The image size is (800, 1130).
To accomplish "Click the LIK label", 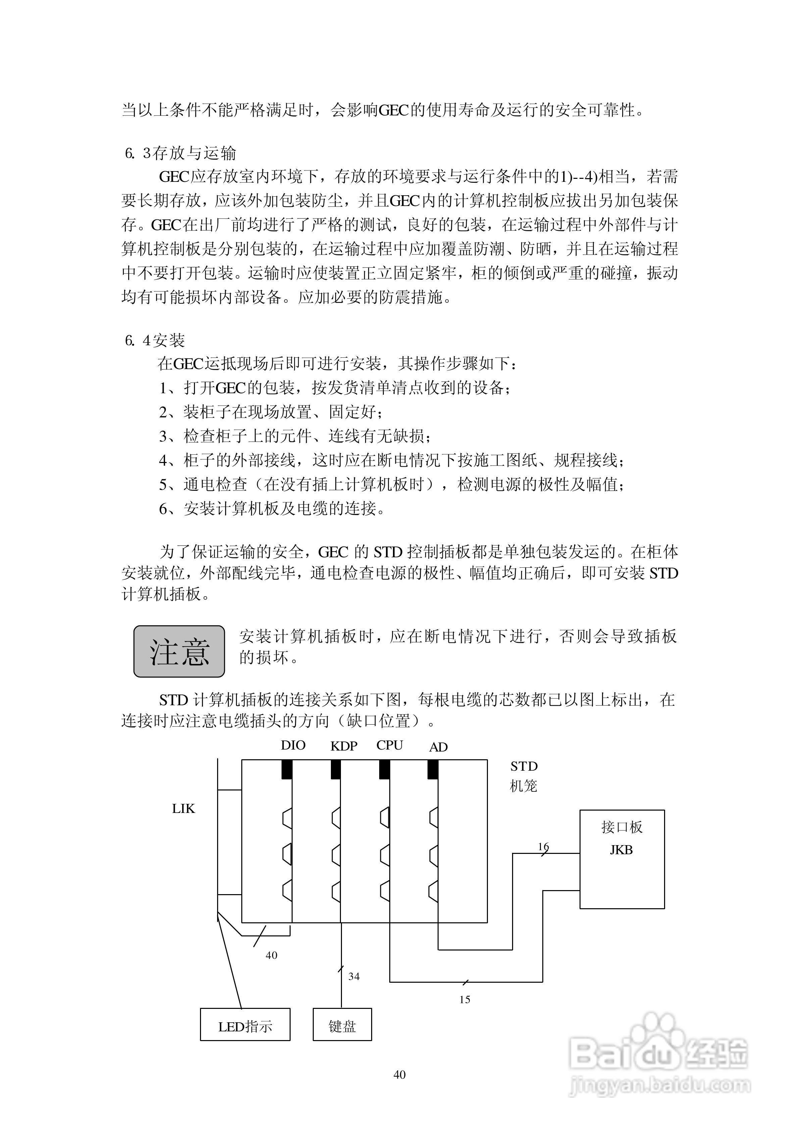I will (x=183, y=809).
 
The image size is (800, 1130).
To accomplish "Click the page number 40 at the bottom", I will (x=400, y=1074).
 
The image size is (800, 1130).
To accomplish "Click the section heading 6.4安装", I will (x=155, y=340).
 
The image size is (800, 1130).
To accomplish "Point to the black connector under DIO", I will (x=287, y=769).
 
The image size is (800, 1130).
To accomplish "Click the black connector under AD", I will (x=433, y=769).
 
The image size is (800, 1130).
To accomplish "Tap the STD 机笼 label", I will (x=523, y=775).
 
